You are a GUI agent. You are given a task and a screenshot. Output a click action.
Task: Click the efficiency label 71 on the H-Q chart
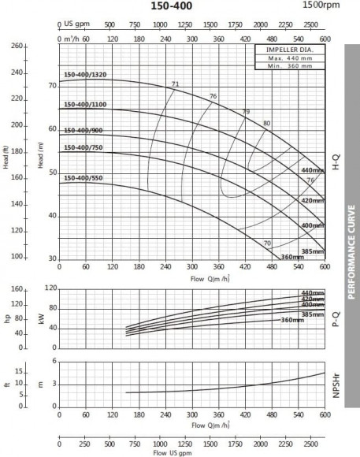tap(175, 84)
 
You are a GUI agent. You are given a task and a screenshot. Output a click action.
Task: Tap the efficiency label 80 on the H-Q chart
tap(266, 124)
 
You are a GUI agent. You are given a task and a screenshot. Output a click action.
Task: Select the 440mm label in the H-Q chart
tap(313, 170)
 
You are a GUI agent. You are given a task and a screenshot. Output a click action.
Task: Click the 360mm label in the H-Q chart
tap(292, 257)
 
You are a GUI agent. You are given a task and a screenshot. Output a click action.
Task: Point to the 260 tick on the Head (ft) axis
tap(17, 46)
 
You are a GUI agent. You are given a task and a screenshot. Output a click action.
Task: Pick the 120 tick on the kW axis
tap(51, 288)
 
